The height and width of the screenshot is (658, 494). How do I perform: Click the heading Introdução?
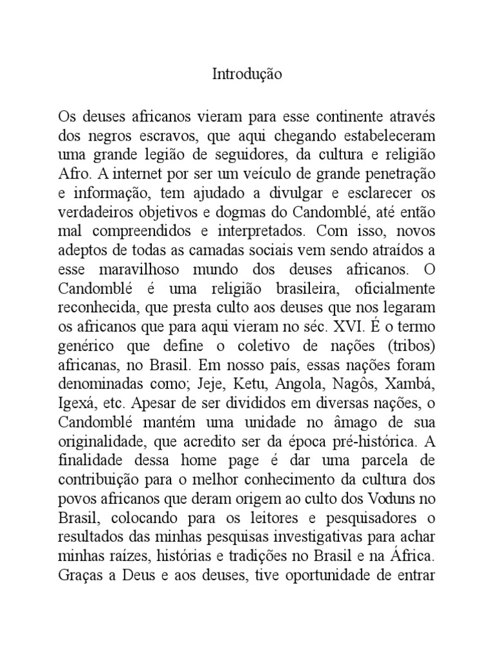click(247, 75)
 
